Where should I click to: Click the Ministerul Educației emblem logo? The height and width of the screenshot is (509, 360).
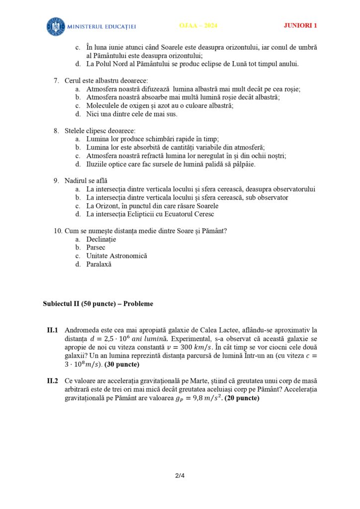click(56, 26)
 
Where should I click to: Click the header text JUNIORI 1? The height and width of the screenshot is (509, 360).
click(300, 26)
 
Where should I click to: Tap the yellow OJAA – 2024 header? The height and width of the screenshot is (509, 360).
click(198, 26)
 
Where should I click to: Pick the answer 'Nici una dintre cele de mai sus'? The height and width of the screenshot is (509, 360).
click(132, 114)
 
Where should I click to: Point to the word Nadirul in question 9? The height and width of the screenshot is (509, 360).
click(76, 180)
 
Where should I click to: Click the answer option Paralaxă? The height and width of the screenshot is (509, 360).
click(99, 264)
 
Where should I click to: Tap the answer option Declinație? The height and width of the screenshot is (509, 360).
click(101, 239)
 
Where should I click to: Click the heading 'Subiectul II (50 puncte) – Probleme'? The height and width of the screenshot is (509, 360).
click(98, 304)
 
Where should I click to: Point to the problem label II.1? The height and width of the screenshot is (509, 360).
click(53, 330)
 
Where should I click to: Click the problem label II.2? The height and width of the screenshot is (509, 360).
click(53, 381)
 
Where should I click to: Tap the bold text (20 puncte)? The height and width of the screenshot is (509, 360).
click(242, 398)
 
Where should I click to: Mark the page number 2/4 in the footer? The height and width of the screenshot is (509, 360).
click(180, 476)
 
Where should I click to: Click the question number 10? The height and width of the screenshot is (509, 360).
click(57, 231)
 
